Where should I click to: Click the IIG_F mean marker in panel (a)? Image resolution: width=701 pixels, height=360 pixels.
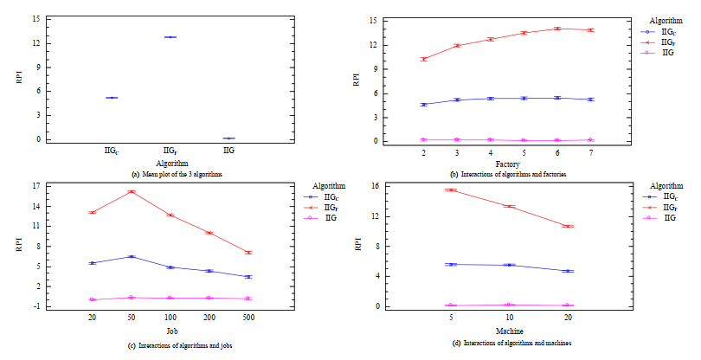coord(170,37)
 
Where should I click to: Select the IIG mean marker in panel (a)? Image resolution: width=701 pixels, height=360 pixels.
coord(228,138)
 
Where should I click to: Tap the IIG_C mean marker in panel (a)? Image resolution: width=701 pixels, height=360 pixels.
coord(112,98)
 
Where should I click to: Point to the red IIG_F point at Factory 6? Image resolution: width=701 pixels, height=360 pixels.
coord(557,29)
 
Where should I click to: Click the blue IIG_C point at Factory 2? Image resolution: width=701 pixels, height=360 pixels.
coord(424,105)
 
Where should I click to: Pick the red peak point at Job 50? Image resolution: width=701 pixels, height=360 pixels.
coord(131,191)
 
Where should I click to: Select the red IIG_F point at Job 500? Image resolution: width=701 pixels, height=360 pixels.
coord(248,253)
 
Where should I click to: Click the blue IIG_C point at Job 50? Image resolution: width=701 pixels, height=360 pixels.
coord(131,256)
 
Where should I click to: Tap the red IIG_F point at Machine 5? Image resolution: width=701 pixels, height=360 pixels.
coord(451,190)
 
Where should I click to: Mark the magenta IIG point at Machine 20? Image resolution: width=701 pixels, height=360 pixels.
coord(568,305)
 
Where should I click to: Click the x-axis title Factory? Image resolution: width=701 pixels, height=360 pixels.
coord(507,164)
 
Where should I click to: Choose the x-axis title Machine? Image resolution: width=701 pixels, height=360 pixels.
coord(509,331)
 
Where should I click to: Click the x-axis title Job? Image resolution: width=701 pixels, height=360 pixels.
coord(170,331)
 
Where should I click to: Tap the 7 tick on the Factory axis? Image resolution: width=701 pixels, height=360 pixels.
coord(591,153)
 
